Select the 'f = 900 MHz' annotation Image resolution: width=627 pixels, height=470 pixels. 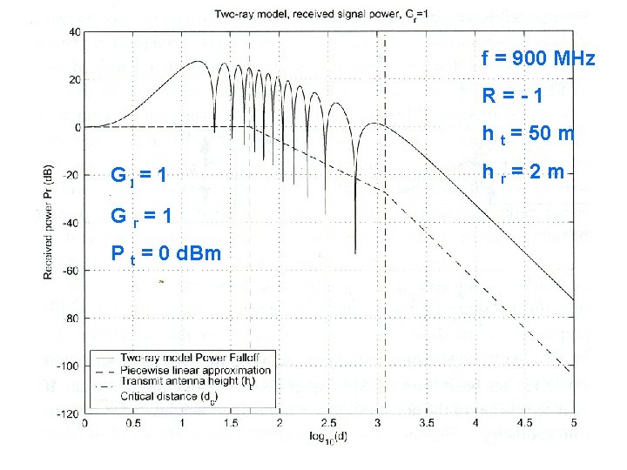(537, 59)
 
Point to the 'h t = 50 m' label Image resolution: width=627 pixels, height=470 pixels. (528, 134)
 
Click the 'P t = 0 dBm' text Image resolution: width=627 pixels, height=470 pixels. (165, 253)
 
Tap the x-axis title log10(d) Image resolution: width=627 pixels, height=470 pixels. (328, 435)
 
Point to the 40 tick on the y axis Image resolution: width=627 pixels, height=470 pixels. (74, 32)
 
